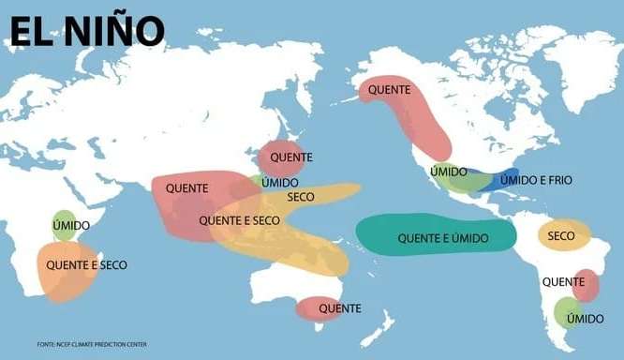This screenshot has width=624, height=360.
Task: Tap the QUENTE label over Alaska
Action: pyautogui.click(x=389, y=89)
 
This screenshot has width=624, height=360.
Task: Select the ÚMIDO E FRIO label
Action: pyautogui.click(x=536, y=179)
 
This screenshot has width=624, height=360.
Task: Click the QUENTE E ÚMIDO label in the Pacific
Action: pyautogui.click(x=443, y=238)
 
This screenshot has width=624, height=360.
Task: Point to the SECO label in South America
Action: pyautogui.click(x=561, y=235)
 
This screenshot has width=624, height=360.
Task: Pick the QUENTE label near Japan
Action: pyautogui.click(x=290, y=157)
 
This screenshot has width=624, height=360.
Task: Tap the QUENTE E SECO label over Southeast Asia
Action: pyautogui.click(x=239, y=220)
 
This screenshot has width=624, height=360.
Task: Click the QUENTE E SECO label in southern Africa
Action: pyautogui.click(x=86, y=265)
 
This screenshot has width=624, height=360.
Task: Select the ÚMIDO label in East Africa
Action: pyautogui.click(x=71, y=226)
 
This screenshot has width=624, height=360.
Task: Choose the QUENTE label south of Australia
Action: pyautogui.click(x=340, y=307)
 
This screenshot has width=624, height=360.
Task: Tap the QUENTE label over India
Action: pyautogui.click(x=187, y=187)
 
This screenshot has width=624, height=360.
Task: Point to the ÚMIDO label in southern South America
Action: pyautogui.click(x=585, y=319)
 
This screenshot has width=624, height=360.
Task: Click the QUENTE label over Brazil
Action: pyautogui.click(x=564, y=281)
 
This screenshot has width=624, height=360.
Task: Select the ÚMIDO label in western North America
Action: pyautogui.click(x=449, y=172)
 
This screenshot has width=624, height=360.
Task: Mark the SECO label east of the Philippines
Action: pyautogui.click(x=301, y=197)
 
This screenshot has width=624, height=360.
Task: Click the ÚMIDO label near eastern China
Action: pyautogui.click(x=280, y=182)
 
